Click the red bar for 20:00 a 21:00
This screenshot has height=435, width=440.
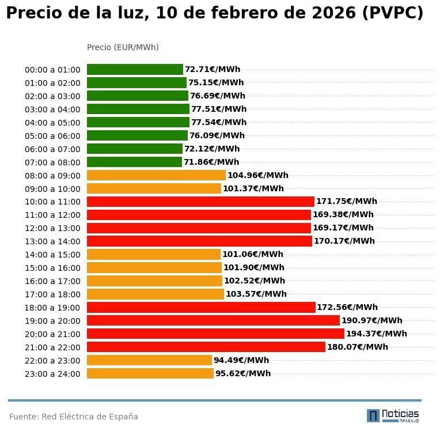[x=215, y=334]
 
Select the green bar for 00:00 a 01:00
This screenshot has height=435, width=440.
[x=135, y=70]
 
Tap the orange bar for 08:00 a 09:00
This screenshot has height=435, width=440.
[x=156, y=175]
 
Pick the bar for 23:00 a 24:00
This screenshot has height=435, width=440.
[x=150, y=373]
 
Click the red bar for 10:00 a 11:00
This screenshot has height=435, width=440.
[x=200, y=202]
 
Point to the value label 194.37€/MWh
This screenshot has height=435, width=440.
[x=376, y=334]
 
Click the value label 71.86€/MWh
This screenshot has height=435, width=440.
[x=211, y=162]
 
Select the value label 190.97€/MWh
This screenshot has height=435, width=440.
[x=372, y=320]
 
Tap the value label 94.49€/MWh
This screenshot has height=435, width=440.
[x=241, y=360]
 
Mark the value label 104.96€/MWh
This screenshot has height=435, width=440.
[x=258, y=175]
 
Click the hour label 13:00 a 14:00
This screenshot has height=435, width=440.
[x=52, y=241]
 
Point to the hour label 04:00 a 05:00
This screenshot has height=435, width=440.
[x=52, y=123]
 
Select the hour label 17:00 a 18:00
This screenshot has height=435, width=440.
[x=52, y=294]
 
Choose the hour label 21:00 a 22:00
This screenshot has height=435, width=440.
[x=52, y=347]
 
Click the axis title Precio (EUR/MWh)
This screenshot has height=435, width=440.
[x=123, y=47]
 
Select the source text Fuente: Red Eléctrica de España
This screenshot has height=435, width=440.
[x=74, y=417]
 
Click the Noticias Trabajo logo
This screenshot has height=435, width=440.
[x=393, y=415]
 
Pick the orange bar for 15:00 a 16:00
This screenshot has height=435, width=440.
[x=154, y=267]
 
